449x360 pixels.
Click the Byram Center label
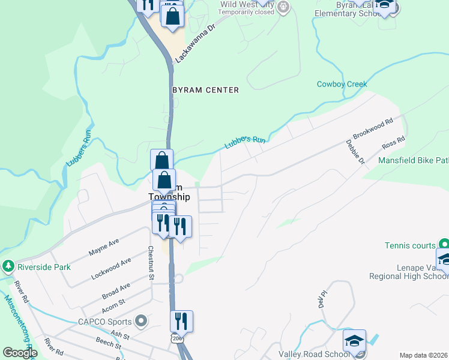tap(206, 90)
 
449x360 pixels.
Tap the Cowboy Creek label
tap(342, 84)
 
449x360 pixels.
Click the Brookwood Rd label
tap(372, 128)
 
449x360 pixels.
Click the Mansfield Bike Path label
tap(413, 160)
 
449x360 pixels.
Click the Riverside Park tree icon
tap(8, 265)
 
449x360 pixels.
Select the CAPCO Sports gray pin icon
tap(141, 321)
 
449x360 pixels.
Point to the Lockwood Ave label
tap(111, 269)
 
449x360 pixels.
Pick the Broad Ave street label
tap(116, 291)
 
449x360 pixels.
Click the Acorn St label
tap(113, 305)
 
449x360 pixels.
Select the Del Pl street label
tap(322, 299)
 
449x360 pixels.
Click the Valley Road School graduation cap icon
tap(354, 341)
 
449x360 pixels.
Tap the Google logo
tap(20, 353)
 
